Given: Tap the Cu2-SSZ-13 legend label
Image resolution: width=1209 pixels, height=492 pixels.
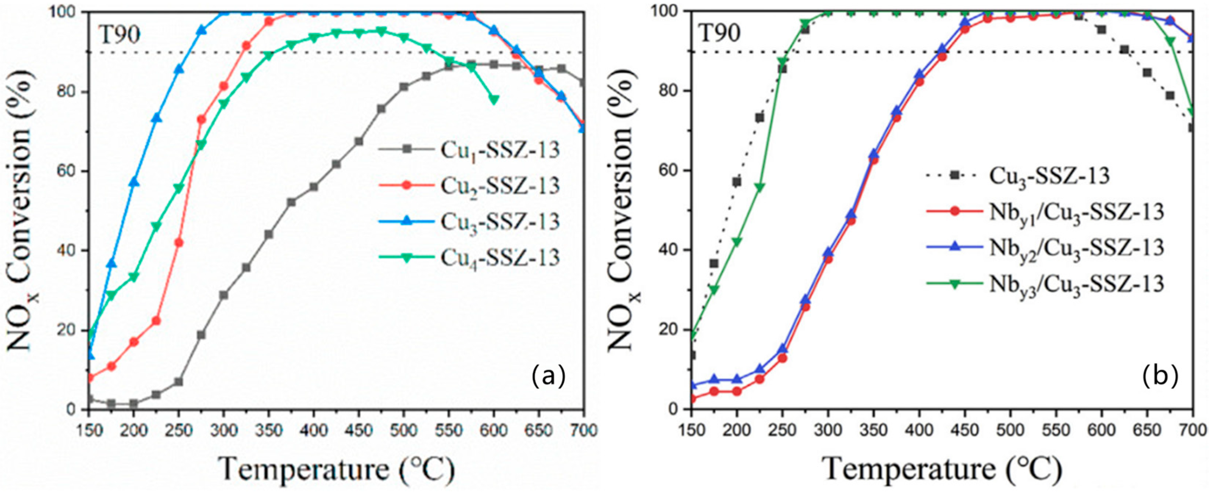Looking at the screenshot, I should click(499, 186).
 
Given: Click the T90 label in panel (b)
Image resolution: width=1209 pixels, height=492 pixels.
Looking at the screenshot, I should click(719, 34).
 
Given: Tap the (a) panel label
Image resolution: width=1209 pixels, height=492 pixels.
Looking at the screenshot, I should click(548, 377).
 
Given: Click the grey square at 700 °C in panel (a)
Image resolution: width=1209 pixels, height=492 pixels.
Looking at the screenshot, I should click(583, 83).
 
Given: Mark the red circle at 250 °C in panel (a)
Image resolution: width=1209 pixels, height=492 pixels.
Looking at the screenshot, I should click(179, 243).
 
